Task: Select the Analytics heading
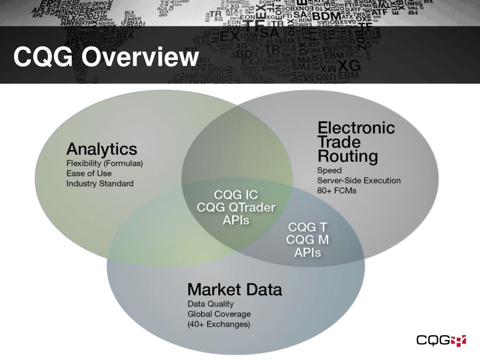(102, 149)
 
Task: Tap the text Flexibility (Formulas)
(105, 164)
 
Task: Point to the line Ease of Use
(89, 173)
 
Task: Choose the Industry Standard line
(100, 183)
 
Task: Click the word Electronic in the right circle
(356, 127)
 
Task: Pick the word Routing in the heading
(347, 156)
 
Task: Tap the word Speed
(329, 170)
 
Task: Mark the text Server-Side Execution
(359, 180)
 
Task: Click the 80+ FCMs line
(337, 190)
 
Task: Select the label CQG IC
(236, 194)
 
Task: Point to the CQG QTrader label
(236, 207)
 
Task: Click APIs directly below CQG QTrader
(236, 219)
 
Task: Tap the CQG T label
(307, 227)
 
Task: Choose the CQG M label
(307, 240)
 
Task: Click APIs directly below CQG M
(307, 252)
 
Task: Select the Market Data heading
(235, 289)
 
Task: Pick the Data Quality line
(210, 304)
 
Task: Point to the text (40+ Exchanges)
(219, 324)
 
